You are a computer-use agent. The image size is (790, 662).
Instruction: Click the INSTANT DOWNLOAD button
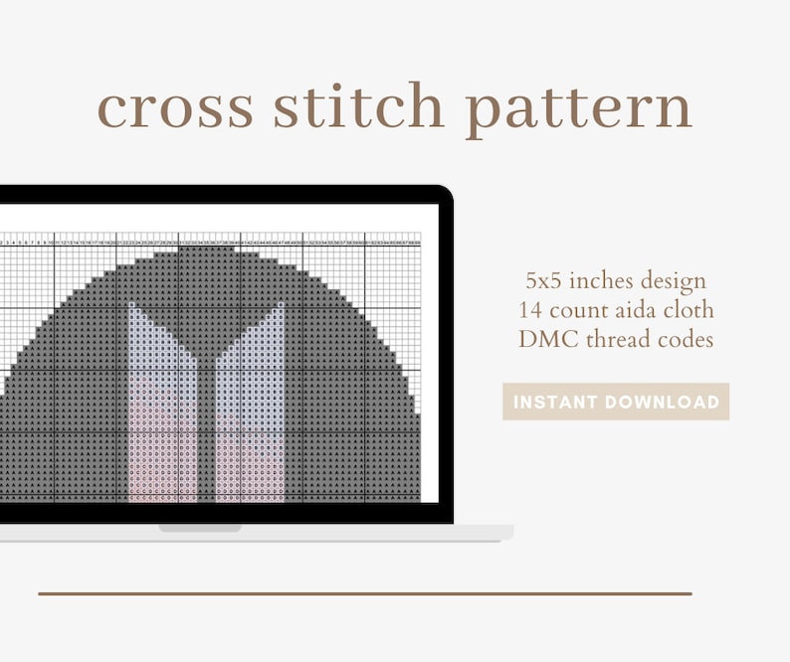[x=616, y=402]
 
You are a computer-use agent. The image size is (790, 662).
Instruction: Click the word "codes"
[x=682, y=339]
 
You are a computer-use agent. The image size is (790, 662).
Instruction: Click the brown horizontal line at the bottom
[x=365, y=593]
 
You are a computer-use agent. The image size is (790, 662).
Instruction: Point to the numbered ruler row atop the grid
[x=209, y=241]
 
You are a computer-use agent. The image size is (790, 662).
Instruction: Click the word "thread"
[x=615, y=339]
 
